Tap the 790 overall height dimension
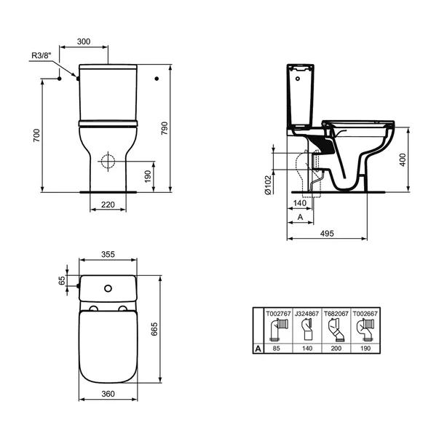pos(165,128)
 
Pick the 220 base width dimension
pos(108,206)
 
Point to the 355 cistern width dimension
pos(107,256)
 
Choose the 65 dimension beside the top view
pos(63,279)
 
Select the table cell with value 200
pos(336,349)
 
